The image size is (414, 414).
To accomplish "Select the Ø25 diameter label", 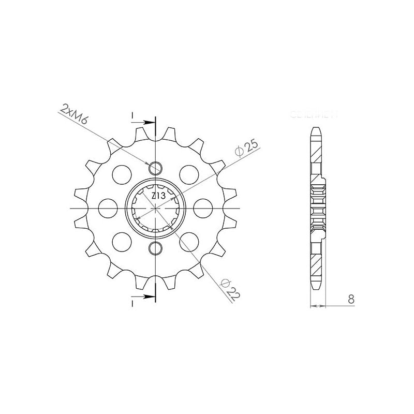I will (x=246, y=149).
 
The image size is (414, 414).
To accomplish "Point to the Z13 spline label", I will (x=158, y=196).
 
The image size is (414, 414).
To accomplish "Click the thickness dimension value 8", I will (x=351, y=299).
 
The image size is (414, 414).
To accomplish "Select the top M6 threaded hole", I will (x=155, y=168).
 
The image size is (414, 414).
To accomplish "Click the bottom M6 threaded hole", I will (x=155, y=249).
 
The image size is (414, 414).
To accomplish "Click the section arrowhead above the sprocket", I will (x=150, y=123).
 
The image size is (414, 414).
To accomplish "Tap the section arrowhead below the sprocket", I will (x=150, y=297).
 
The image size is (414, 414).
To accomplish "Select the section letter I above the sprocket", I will (x=132, y=115).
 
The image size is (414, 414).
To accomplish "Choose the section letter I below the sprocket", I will (x=132, y=302).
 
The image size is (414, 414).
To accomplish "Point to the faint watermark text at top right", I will (x=314, y=114).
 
